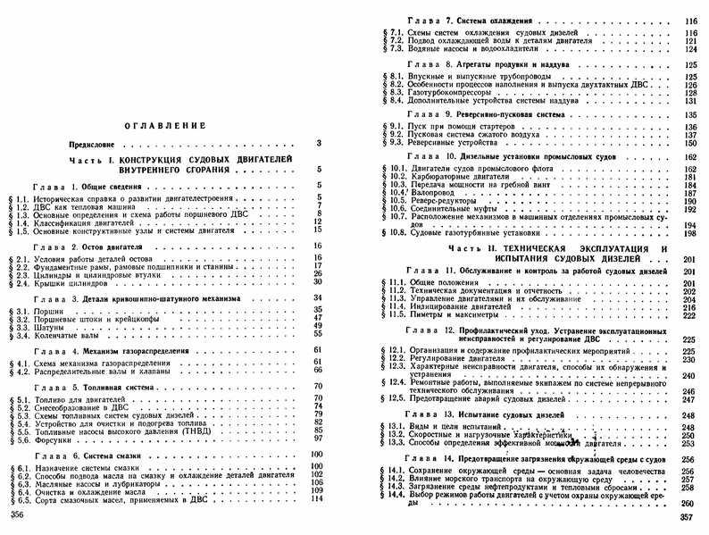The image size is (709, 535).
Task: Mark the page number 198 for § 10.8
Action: (688, 232)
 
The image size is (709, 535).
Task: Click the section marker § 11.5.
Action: (392, 313)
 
